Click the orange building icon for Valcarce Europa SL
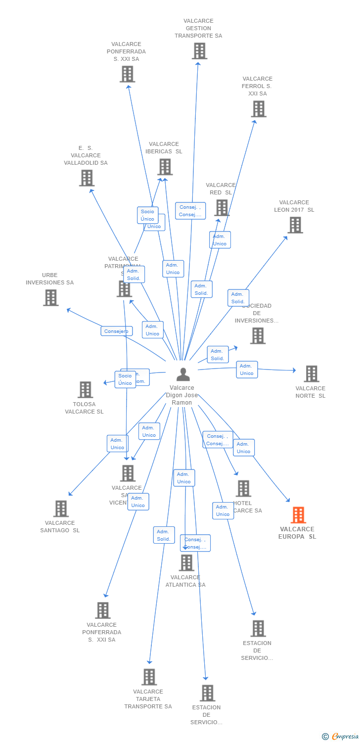[x=298, y=515]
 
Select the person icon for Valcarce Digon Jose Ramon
[x=183, y=374]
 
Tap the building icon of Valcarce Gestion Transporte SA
[x=199, y=51]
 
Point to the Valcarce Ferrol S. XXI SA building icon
[x=258, y=109]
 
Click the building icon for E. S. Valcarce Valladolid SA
[x=87, y=178]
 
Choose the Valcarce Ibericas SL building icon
[x=165, y=167]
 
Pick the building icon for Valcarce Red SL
[x=222, y=208]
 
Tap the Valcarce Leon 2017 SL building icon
[x=295, y=225]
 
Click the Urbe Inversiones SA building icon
[x=50, y=298]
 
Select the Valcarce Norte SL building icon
[x=311, y=374]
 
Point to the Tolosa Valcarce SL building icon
[x=85, y=390]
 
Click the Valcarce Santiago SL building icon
[x=60, y=509]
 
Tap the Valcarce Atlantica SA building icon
[x=186, y=562]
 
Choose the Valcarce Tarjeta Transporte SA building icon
[x=149, y=677]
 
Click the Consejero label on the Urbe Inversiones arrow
[x=116, y=331]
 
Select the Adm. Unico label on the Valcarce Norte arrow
[x=247, y=370]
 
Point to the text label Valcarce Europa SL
[x=297, y=533]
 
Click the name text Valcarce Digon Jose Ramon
[x=182, y=395]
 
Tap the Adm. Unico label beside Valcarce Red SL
[x=220, y=240]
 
